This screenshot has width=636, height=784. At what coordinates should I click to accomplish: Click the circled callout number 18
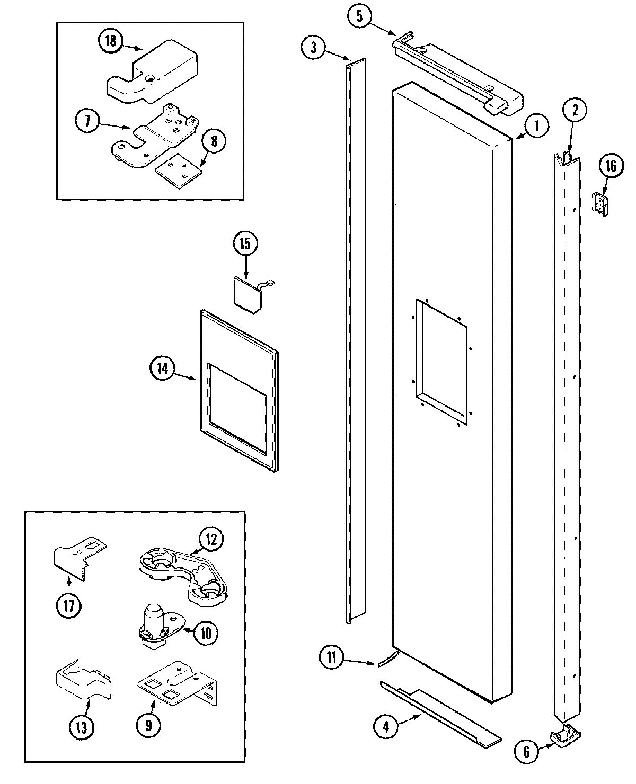click(x=110, y=41)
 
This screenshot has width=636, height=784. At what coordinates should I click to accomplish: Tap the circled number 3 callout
click(x=314, y=47)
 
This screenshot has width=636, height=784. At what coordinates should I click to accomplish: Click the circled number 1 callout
click(x=536, y=126)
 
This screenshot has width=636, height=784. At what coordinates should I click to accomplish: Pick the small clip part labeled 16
click(x=599, y=203)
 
